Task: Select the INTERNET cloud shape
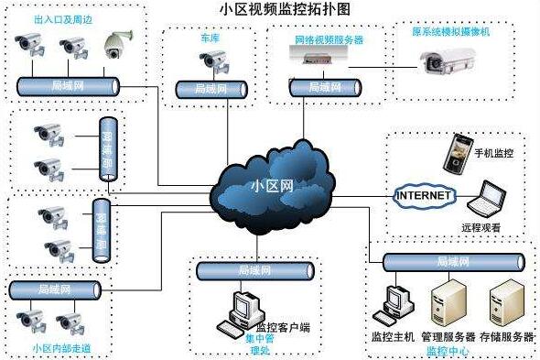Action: (423, 196)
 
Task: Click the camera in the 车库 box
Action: (214, 61)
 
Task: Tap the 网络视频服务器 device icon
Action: (316, 58)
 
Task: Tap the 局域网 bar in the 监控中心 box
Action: (453, 263)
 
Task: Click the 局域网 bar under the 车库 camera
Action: (211, 89)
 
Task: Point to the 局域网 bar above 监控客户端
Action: (254, 270)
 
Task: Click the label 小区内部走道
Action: (61, 349)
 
